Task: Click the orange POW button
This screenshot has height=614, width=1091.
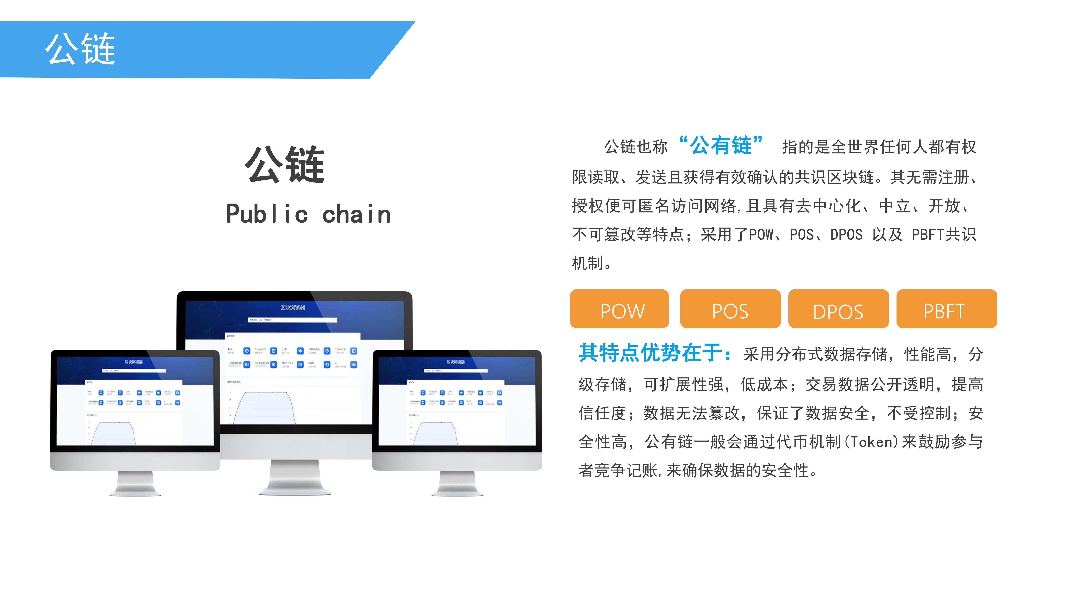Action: [x=619, y=309]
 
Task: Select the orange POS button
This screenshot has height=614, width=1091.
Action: [x=730, y=309]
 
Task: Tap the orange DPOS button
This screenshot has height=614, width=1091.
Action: [x=838, y=309]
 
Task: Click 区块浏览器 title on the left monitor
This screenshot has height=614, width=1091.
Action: [x=134, y=362]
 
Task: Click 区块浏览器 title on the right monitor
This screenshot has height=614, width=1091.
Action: [x=456, y=362]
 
